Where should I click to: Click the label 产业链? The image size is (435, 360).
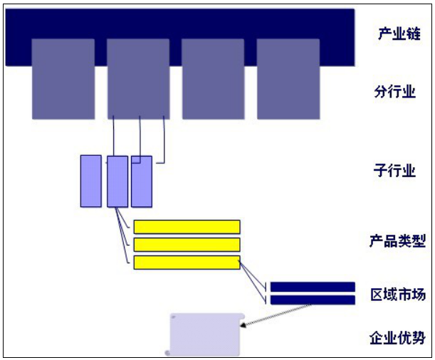point(399,33)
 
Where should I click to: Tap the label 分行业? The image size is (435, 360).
point(395,92)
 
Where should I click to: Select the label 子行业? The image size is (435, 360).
point(394,171)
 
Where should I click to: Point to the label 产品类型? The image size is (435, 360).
point(397,241)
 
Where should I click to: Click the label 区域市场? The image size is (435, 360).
point(398,295)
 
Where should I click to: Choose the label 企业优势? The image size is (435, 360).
point(397,337)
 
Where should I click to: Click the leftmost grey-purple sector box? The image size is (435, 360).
point(63,79)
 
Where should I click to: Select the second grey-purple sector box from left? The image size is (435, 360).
point(138,79)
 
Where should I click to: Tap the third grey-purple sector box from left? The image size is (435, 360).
point(213,79)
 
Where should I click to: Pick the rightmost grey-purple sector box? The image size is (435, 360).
point(288,79)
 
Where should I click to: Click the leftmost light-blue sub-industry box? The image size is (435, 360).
point(91,181)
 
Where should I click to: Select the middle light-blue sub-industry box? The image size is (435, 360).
point(117,181)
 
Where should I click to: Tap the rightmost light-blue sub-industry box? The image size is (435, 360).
point(142,181)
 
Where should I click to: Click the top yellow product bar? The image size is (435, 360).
point(187,227)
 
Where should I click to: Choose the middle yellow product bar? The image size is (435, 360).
point(187,245)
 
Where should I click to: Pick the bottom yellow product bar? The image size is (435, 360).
point(187,263)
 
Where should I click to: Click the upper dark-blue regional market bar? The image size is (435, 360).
point(313,287)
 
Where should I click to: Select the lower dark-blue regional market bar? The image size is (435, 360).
point(313,300)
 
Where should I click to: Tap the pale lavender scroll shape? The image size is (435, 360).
point(205,334)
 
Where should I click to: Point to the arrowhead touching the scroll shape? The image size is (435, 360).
point(243,325)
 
